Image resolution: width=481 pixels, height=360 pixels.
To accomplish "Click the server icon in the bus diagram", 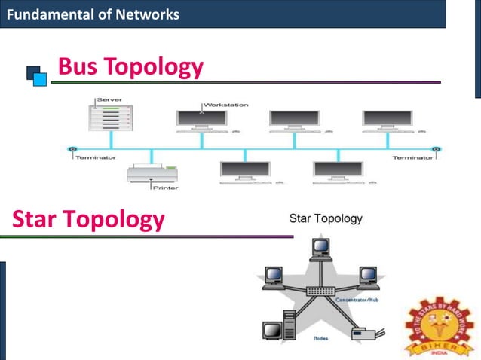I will point(110,118).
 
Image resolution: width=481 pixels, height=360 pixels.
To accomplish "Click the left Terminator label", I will point(95,158).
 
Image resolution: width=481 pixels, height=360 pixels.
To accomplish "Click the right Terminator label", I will point(413,158).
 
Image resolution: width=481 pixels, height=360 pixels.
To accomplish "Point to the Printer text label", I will point(165,187).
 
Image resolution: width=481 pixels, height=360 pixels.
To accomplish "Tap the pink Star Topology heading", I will point(88,219).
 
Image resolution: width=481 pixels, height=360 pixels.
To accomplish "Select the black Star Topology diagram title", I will point(326,219).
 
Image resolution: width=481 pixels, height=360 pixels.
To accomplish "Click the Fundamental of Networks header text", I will point(93,14).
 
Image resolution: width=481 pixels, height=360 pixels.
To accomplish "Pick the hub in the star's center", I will point(321,291).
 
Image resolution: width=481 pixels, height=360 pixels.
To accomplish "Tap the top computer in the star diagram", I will point(321,248).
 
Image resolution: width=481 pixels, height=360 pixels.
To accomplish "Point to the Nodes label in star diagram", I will point(321,338).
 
